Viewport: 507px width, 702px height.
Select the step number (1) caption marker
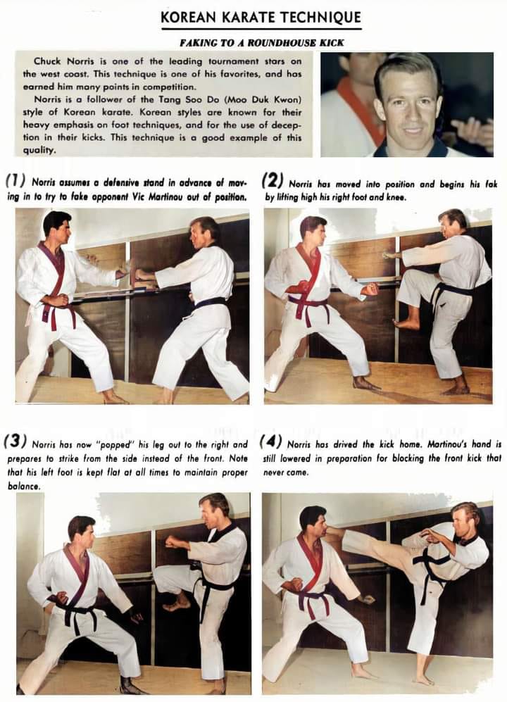pyautogui.click(x=15, y=182)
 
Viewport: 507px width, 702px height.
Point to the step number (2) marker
pyautogui.click(x=273, y=182)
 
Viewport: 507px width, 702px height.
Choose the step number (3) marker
pyautogui.click(x=15, y=441)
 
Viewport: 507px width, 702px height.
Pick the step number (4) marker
pyautogui.click(x=270, y=441)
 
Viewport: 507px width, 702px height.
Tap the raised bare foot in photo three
pyautogui.click(x=177, y=604)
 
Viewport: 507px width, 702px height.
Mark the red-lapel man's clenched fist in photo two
pyautogui.click(x=370, y=289)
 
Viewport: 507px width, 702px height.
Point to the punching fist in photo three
pyautogui.click(x=172, y=542)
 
